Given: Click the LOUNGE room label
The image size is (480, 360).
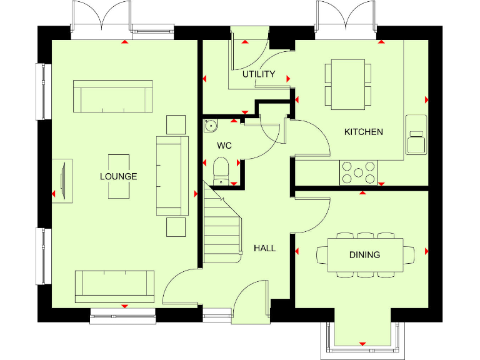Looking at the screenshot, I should [118, 177].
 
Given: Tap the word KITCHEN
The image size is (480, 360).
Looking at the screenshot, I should [364, 132].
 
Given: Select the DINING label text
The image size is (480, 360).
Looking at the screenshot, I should [364, 255].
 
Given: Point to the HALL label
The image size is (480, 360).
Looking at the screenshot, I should [264, 248].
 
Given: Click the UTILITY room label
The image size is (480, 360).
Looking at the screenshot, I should [259, 74].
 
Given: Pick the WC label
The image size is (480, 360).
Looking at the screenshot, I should [224, 146].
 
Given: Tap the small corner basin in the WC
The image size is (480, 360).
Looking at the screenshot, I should [209, 125].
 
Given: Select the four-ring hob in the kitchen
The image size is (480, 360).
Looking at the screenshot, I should [357, 172].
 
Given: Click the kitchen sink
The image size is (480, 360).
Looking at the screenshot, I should [415, 134].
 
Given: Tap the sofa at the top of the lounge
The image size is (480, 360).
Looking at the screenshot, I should [113, 96].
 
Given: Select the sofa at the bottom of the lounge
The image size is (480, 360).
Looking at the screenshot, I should [114, 284].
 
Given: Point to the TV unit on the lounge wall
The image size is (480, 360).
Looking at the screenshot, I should [66, 181].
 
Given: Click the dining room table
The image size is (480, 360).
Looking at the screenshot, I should [365, 255].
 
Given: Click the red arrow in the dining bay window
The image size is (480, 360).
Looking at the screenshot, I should [362, 344].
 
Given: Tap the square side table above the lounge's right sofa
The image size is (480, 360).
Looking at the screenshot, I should [176, 124].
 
